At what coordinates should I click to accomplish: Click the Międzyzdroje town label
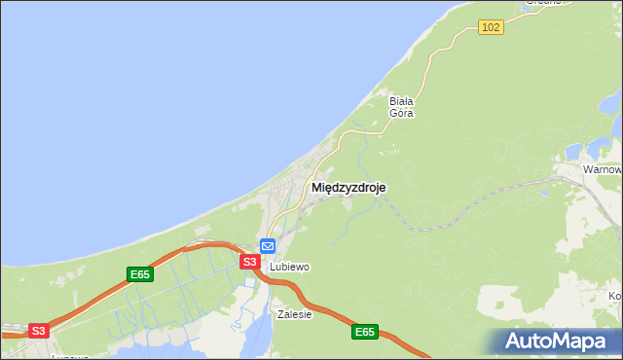348,188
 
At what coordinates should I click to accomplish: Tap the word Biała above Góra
401,100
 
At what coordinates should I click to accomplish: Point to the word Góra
401,113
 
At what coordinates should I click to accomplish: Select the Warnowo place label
603,169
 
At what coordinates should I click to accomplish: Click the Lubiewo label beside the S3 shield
289,267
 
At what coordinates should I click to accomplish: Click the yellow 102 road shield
491,27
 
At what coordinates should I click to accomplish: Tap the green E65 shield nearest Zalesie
364,332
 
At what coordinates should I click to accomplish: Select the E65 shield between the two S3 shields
140,274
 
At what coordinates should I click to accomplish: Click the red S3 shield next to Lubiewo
249,262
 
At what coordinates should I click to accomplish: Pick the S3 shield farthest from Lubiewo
38,331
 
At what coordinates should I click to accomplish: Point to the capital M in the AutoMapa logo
568,342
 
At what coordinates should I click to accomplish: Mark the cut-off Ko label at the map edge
614,296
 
